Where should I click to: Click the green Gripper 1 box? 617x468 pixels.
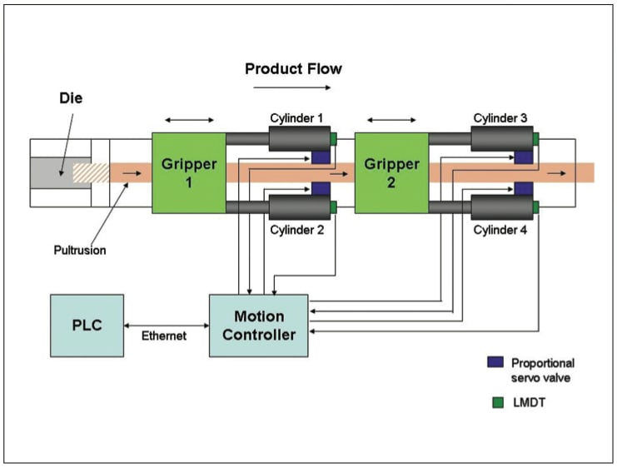[188, 172]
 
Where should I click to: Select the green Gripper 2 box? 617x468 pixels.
[391, 172]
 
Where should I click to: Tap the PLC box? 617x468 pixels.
[87, 326]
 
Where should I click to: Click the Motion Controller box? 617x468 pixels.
[258, 326]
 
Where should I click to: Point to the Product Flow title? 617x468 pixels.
[293, 68]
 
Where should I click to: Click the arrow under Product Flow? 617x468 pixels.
[293, 87]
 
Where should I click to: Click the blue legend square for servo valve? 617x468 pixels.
[494, 363]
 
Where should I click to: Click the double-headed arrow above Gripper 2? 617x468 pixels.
[391, 120]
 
